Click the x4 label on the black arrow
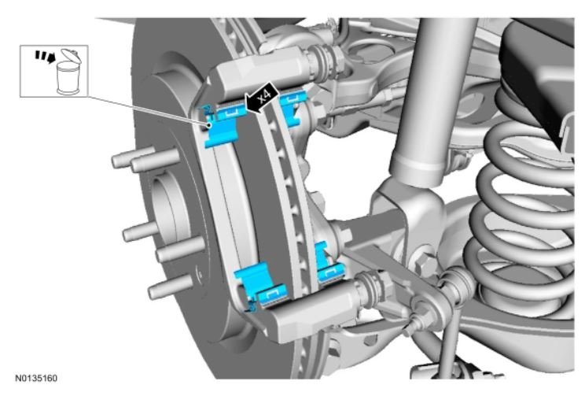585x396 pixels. [264, 97]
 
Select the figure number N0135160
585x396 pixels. [36, 378]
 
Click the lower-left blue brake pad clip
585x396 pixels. [260, 285]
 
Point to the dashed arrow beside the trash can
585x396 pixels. [45, 57]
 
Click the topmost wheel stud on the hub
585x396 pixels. [144, 159]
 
